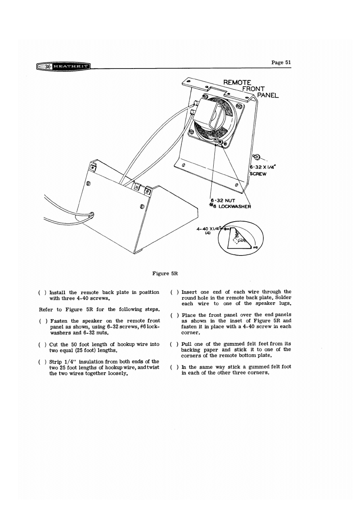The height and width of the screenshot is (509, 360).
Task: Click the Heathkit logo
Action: coord(63,66)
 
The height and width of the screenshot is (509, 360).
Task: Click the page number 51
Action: coord(281,62)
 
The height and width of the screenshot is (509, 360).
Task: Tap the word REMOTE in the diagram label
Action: coord(237,83)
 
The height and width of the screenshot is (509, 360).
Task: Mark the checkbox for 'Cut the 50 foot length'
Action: coord(42,345)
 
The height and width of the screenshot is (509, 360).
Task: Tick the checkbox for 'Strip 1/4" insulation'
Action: coord(42,362)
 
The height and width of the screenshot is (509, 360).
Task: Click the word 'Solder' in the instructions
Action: coord(281,297)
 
